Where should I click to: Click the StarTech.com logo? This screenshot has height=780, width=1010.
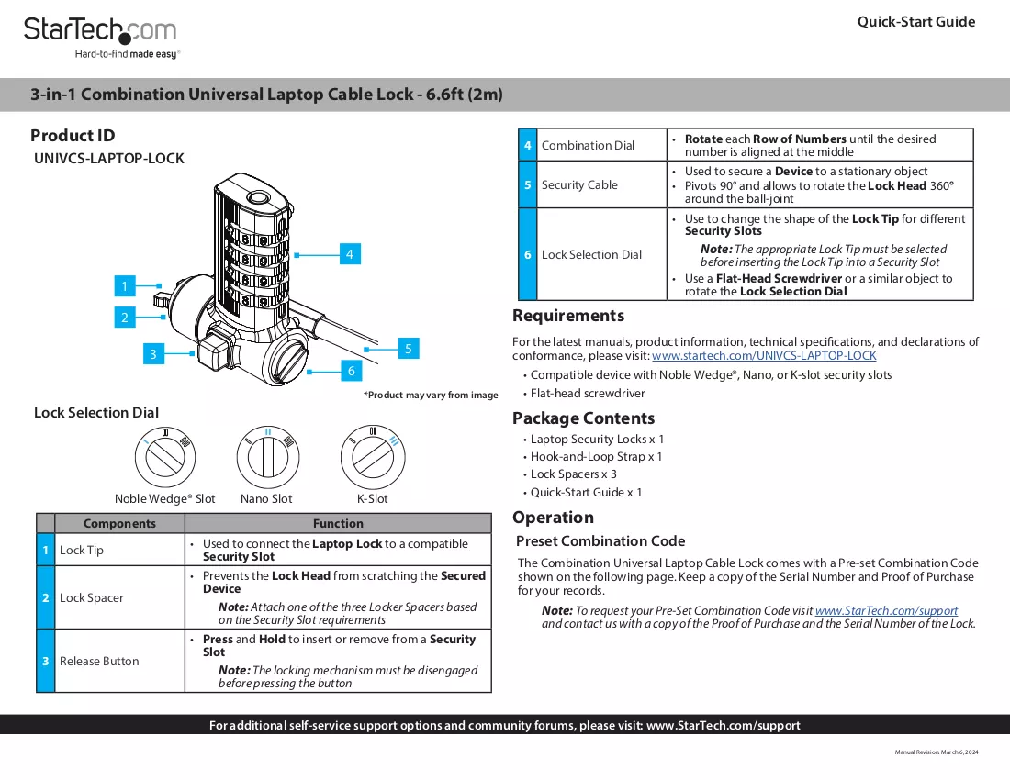coord(101,38)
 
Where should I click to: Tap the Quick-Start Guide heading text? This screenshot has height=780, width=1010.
coord(916,22)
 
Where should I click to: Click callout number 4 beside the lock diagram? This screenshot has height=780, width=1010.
coord(350,254)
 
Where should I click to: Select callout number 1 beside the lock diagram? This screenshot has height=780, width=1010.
coord(125,285)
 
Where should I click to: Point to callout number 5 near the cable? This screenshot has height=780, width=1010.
coord(409,349)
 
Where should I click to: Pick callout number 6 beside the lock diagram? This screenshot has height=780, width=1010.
coord(351,371)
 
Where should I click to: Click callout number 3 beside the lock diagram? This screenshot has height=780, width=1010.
coord(153,354)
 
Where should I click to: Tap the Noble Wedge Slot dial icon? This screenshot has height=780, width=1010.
coord(165,456)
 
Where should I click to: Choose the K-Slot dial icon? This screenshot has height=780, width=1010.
coord(373,457)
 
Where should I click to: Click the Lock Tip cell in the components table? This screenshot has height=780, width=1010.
coord(119,550)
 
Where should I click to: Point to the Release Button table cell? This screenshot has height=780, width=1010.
coord(119,661)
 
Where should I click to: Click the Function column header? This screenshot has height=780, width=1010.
coord(338,523)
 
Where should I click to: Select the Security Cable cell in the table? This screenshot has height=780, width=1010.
coord(601,184)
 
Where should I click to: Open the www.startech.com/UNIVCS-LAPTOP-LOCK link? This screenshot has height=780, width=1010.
coord(764,356)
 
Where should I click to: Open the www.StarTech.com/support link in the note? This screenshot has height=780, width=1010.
coord(886,611)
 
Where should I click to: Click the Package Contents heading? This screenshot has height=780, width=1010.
coord(584,418)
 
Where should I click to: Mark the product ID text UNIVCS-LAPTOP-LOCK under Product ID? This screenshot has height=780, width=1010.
coord(109,159)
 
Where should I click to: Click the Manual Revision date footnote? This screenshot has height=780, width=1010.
coord(936,752)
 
